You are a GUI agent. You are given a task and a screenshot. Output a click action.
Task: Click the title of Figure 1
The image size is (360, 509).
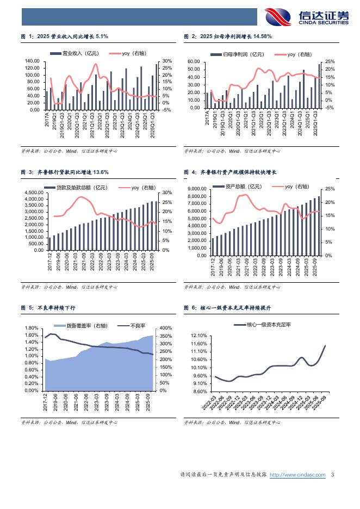65,36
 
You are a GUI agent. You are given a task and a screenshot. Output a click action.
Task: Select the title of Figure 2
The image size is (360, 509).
228,36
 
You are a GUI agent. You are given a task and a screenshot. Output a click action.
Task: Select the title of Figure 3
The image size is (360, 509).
65,172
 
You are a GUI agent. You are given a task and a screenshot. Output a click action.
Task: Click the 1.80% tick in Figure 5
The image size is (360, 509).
30,328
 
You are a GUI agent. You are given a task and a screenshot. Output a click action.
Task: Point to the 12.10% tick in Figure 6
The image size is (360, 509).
200,336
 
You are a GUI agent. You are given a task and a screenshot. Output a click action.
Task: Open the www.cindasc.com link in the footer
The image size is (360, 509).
297,475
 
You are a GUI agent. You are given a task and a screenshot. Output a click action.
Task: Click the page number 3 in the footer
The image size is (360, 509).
332,475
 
